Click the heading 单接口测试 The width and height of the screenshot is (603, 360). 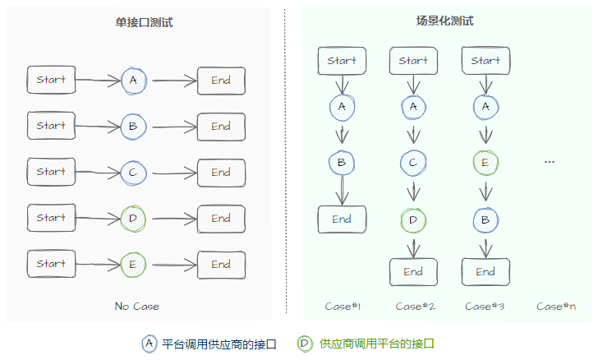[x=144, y=22]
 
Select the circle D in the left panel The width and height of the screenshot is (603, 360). [x=131, y=219]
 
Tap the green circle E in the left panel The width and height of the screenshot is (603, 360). [x=131, y=265]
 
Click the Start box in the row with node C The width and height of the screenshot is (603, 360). [x=51, y=173]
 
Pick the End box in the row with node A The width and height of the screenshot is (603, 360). [x=221, y=81]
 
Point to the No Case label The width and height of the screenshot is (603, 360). [x=137, y=307]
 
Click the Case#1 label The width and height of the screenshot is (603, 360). [x=343, y=307]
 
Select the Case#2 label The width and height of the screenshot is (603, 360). [x=415, y=307]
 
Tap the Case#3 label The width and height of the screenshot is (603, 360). [x=485, y=307]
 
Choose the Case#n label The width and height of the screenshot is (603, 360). [x=556, y=307]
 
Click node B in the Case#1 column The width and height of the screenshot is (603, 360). [x=342, y=163]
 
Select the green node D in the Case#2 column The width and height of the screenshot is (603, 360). [x=413, y=219]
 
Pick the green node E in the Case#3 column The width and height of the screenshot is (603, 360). [x=486, y=163]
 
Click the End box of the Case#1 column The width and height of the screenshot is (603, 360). [x=342, y=219]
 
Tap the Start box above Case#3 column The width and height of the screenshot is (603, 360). [x=486, y=61]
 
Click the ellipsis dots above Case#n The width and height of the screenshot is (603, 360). [x=550, y=163]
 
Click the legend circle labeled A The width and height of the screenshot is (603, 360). [x=149, y=344]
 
